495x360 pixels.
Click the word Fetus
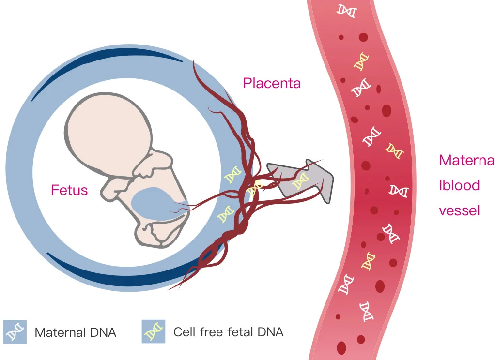tap(69, 190)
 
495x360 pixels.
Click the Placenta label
tap(272, 83)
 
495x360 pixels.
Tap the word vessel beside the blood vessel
tap(459, 210)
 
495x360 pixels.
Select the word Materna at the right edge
tap(466, 160)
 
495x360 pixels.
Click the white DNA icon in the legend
tap(15, 331)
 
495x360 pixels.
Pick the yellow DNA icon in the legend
tap(154, 331)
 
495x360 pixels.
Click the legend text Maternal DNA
tap(76, 332)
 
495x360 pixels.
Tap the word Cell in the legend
tap(184, 332)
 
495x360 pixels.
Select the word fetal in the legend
tap(234, 332)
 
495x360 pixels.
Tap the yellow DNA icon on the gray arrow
tap(300, 182)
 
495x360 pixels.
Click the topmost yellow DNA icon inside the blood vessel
tap(360, 61)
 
